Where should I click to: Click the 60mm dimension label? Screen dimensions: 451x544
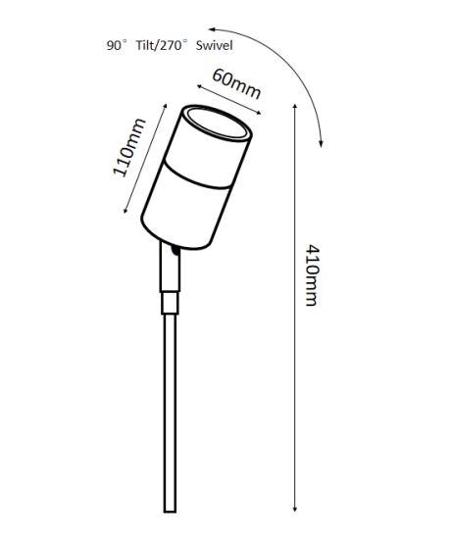tap(236, 83)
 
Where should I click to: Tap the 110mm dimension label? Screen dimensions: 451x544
tap(129, 147)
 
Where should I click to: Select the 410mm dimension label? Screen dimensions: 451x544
tap(312, 275)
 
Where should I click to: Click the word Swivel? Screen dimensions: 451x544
tap(214, 45)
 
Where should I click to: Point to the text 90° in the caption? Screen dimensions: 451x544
tap(117, 45)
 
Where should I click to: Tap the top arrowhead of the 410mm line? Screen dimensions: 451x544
tap(295, 105)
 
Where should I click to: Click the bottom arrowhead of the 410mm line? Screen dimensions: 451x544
tap(295, 510)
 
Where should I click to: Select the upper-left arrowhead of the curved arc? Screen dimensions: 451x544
tap(211, 29)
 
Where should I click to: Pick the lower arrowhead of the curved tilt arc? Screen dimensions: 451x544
tap(322, 144)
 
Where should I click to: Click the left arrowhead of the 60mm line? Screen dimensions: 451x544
tap(199, 86)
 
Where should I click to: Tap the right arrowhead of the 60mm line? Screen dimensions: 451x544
tap(259, 112)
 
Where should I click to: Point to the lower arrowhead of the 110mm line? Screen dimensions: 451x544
tap(125, 210)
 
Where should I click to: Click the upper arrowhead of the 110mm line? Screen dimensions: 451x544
tap(166, 106)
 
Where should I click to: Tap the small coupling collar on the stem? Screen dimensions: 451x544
tap(170, 303)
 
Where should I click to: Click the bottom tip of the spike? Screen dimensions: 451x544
tap(170, 512)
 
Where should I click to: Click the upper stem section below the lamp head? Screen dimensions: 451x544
tap(170, 269)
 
